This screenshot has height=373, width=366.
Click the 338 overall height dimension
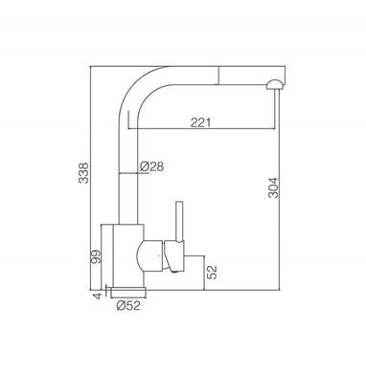point(84,173)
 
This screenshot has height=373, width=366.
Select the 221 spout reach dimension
point(201,122)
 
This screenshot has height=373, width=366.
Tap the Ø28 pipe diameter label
point(151,166)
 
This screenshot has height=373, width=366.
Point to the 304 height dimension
point(273,187)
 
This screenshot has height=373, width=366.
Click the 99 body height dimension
point(96,257)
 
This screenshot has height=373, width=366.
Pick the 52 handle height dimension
point(212,272)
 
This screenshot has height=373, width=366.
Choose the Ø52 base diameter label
point(128,306)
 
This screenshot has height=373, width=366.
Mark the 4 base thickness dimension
point(97,296)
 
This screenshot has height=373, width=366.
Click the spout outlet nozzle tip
point(275,85)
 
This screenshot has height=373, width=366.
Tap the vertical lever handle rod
point(179,221)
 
